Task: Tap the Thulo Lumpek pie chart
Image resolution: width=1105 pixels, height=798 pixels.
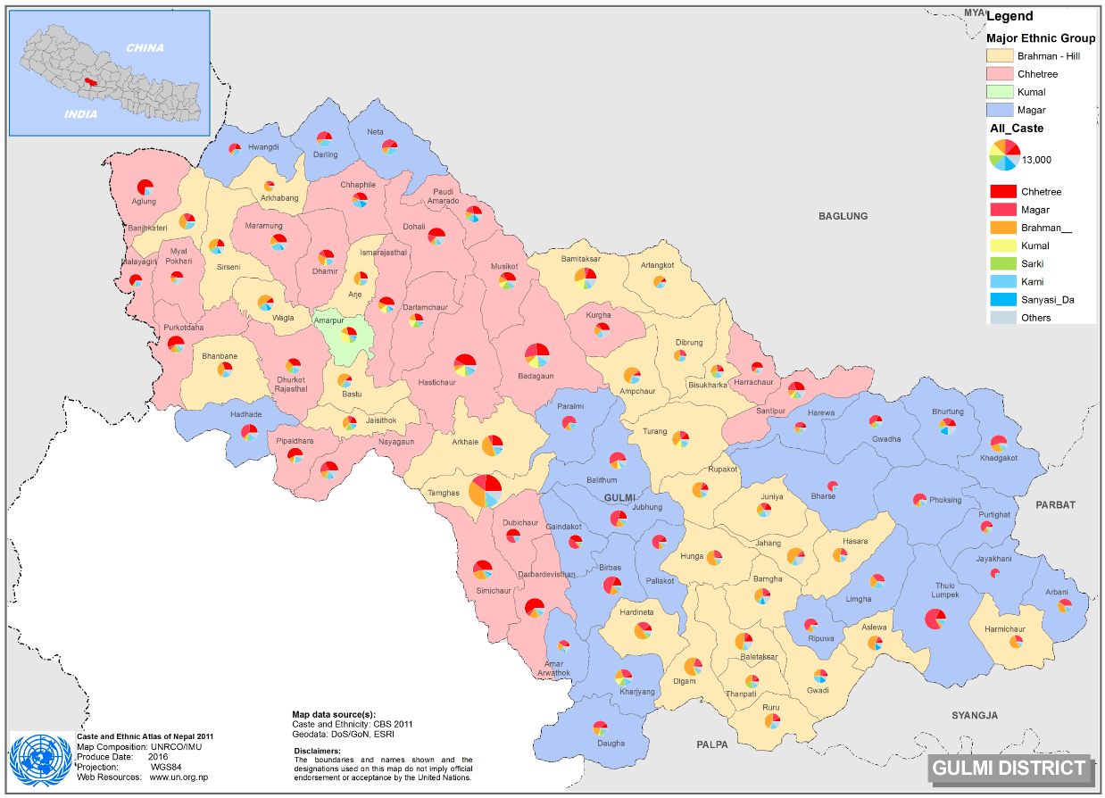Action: (x=935, y=619)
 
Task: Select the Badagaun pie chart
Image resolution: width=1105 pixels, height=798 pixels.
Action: (x=536, y=355)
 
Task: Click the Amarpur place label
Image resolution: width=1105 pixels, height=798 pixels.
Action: (x=328, y=319)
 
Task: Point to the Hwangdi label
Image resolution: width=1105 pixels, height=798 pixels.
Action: (x=263, y=146)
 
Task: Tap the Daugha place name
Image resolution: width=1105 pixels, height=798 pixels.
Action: (x=611, y=743)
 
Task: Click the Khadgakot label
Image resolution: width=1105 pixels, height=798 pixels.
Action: (x=998, y=458)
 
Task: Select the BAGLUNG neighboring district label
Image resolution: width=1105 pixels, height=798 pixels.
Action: (x=843, y=216)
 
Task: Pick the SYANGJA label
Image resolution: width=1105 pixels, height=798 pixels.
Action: (x=974, y=715)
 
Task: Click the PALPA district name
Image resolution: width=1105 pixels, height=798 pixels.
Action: (x=712, y=744)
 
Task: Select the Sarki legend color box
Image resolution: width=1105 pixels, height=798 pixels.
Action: (x=1003, y=263)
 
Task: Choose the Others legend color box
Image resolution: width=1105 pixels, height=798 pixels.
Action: (x=1003, y=317)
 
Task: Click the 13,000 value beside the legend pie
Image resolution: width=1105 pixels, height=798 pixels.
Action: (x=1036, y=160)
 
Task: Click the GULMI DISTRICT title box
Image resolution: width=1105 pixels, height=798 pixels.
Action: (x=1009, y=768)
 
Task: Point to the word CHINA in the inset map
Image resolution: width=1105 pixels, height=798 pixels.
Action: (x=145, y=48)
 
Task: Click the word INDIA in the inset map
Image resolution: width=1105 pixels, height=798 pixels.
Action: (x=80, y=114)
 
